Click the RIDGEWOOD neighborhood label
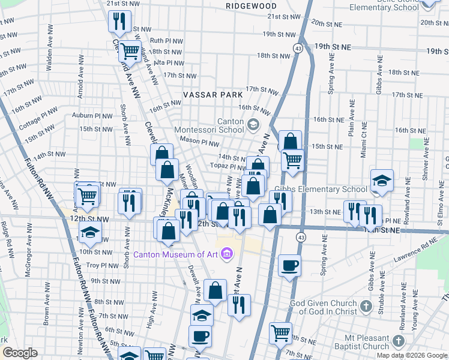252,6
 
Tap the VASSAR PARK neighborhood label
214,95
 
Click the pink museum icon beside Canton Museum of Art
226,255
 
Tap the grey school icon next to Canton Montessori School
253,125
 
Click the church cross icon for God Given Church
366,308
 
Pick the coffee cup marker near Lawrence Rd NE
289,265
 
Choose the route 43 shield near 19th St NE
298,47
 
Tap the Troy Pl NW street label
103,266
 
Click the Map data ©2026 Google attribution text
412,355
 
